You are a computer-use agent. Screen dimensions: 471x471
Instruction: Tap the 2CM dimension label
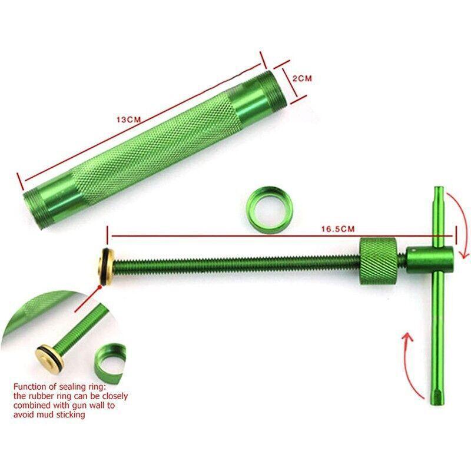303,78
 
